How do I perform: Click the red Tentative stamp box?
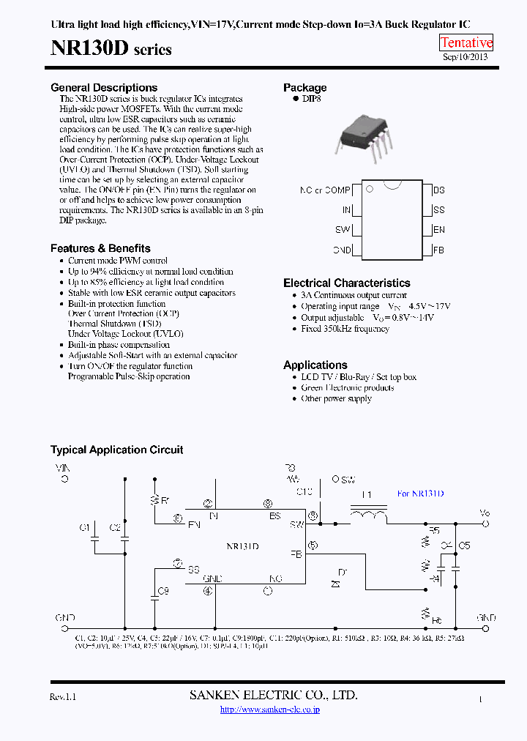(x=466, y=42)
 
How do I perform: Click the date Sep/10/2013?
(x=466, y=56)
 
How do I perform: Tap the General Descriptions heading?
(x=104, y=88)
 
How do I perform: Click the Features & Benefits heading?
(x=100, y=248)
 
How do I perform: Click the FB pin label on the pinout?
(x=439, y=250)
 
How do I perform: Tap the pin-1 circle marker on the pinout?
(x=370, y=189)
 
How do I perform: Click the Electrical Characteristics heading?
(x=347, y=283)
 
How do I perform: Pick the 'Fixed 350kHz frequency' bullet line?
(x=345, y=329)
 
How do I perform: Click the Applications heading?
(x=315, y=365)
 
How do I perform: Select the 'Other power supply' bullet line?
(x=336, y=398)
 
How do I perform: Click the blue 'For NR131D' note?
(x=420, y=494)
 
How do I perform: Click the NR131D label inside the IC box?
(x=242, y=546)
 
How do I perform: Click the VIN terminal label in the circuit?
(x=64, y=466)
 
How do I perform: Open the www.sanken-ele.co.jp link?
(x=270, y=710)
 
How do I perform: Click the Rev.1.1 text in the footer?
(x=63, y=697)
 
